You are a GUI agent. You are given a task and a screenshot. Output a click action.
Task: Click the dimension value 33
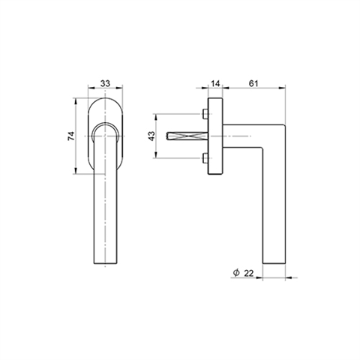coord(105,83)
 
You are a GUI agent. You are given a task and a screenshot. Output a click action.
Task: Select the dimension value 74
coord(71,136)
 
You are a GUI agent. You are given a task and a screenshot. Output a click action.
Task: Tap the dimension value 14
coord(215,83)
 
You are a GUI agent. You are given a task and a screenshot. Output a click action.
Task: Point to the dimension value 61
coord(253,83)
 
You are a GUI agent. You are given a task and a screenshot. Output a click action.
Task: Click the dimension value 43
coord(151,136)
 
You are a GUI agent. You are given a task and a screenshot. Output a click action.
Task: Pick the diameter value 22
coord(248,273)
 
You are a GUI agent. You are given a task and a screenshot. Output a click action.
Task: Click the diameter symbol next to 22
coord(236,272)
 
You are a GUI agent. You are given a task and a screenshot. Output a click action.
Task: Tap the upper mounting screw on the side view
coord(205,114)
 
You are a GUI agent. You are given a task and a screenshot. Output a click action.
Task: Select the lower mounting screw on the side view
coord(205,158)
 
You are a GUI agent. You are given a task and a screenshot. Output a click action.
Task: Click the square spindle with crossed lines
coord(187,136)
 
